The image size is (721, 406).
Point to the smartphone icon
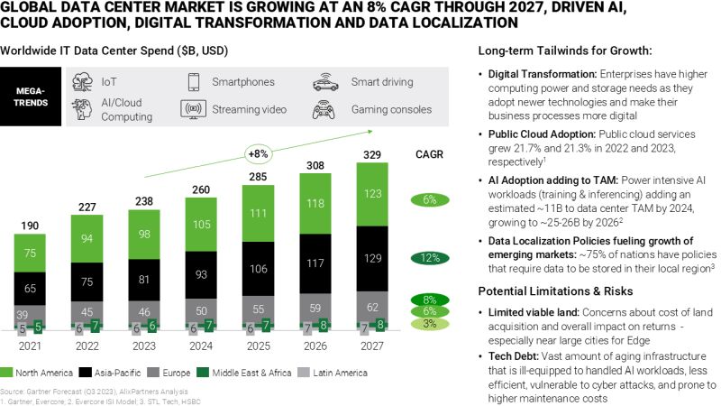pos(193,83)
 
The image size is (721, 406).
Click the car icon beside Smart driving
pos(324,83)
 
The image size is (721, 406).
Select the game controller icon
pos(324,111)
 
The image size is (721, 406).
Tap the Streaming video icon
pos(193,110)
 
